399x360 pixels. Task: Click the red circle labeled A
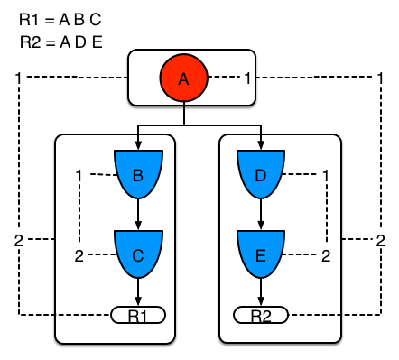[x=184, y=78]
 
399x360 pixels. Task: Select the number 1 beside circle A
[x=247, y=78]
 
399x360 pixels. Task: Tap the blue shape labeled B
[x=137, y=176]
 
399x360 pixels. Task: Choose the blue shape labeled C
[x=137, y=255]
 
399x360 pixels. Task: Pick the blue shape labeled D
[x=261, y=176]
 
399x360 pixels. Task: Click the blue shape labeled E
[x=261, y=255]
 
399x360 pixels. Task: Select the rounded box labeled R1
[x=137, y=315]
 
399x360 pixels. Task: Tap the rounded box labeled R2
[x=261, y=315]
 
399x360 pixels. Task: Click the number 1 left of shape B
[x=79, y=174]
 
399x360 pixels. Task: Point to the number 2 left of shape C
[x=79, y=255]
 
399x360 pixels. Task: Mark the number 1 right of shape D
[x=325, y=174]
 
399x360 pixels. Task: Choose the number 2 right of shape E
[x=325, y=255]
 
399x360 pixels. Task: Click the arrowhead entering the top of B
[x=137, y=144]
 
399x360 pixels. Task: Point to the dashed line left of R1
[x=83, y=315]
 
